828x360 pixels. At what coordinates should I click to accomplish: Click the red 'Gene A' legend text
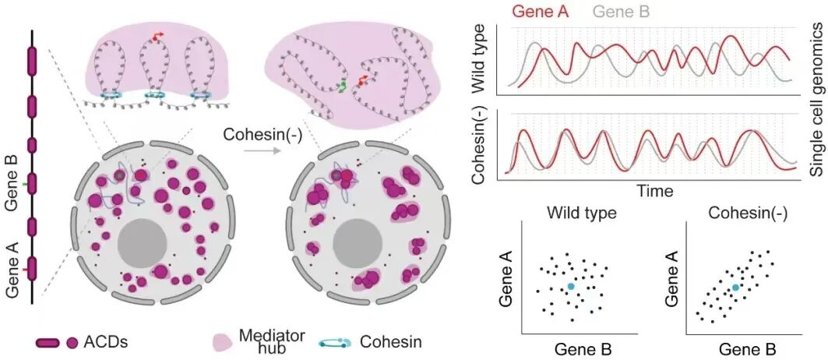click(x=541, y=12)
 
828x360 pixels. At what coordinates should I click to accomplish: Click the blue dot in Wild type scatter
click(x=570, y=287)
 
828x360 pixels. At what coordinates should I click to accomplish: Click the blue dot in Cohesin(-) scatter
click(x=735, y=287)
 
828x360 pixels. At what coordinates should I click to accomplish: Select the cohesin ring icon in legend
click(x=336, y=343)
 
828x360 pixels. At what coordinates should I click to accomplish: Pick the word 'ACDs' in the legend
click(x=106, y=343)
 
